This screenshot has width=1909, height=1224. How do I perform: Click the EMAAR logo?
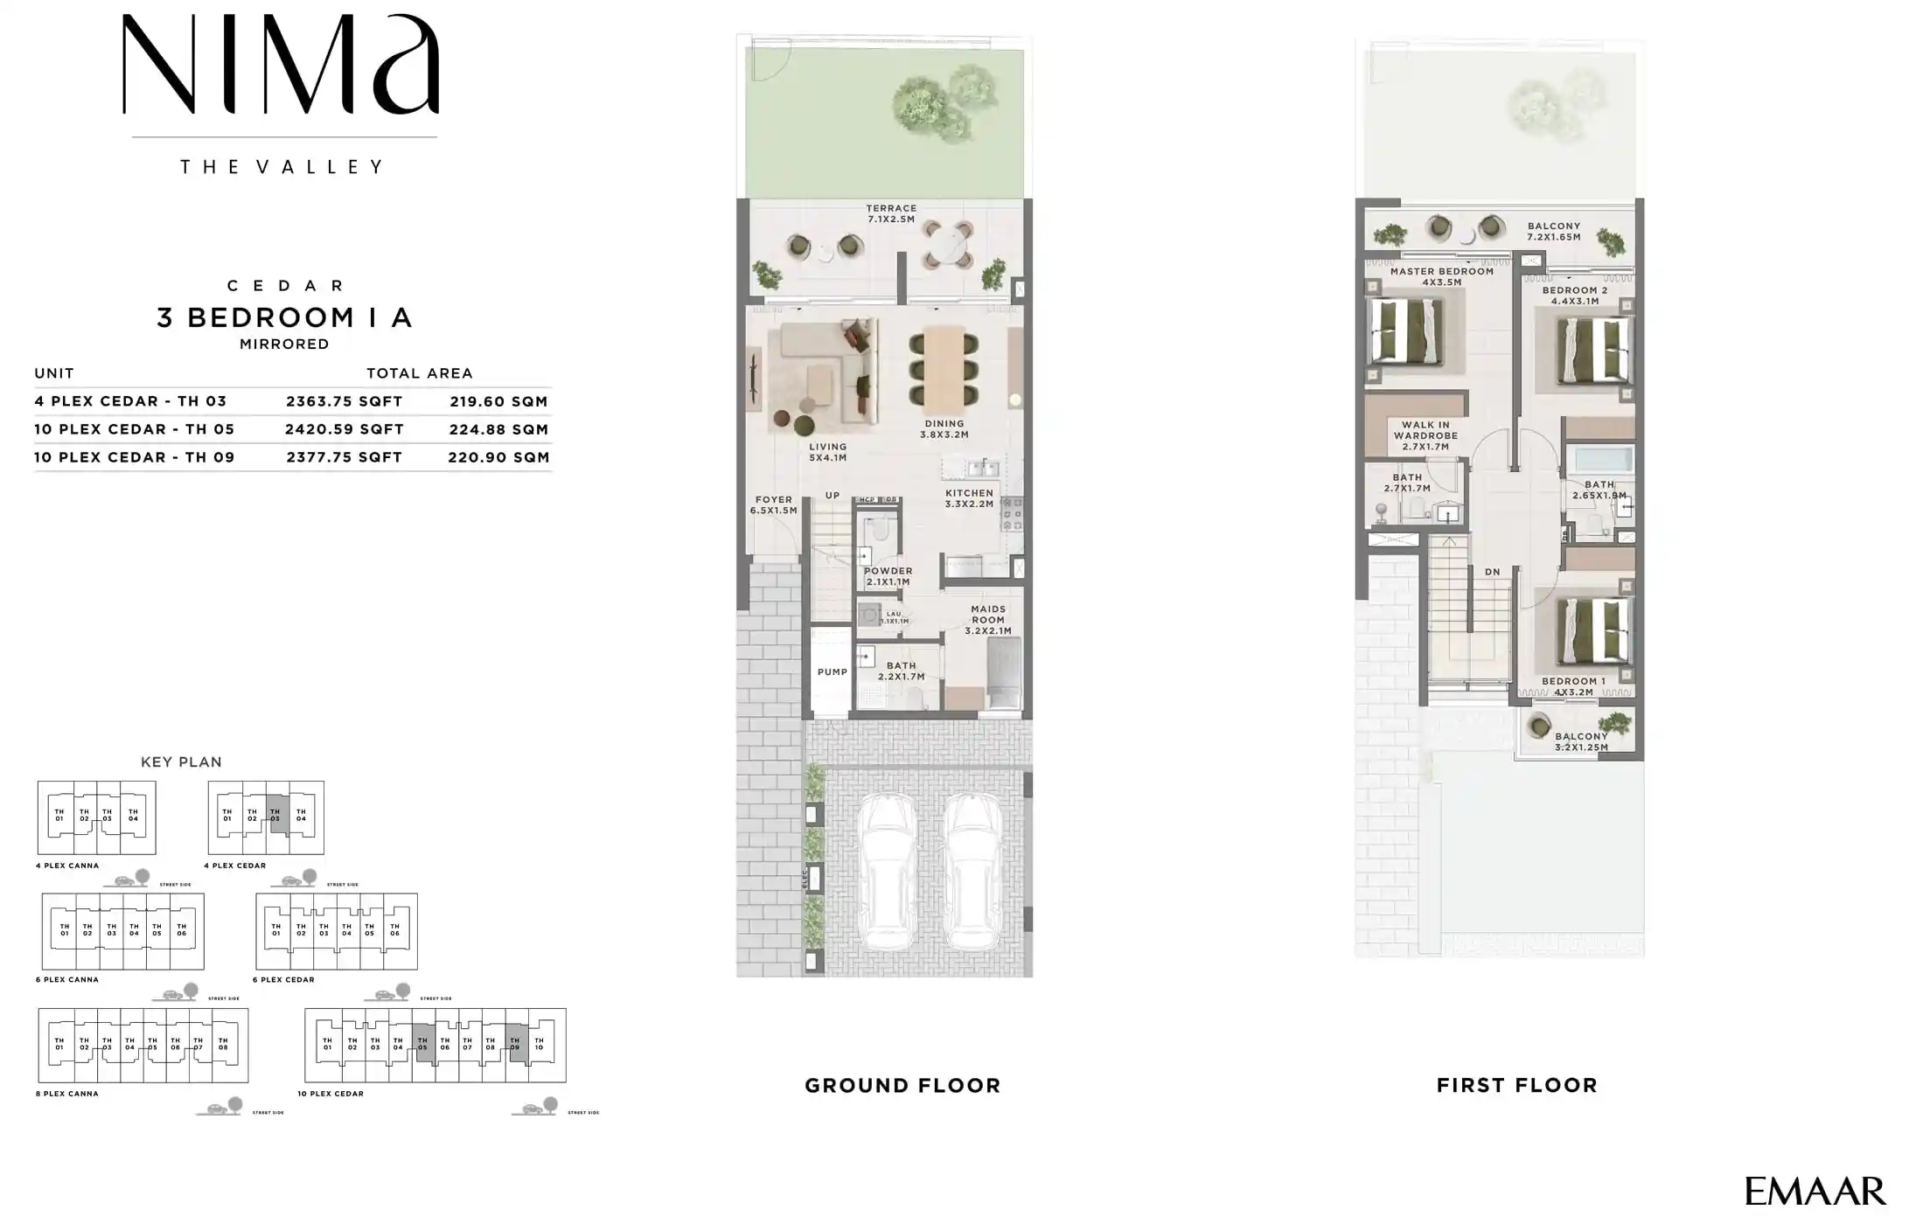click(1815, 1191)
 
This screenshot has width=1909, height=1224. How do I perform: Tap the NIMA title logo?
click(280, 66)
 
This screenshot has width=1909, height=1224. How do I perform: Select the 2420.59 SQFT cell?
click(344, 429)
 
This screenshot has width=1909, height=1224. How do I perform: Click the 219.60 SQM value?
click(498, 401)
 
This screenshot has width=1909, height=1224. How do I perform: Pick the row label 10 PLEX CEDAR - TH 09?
click(135, 457)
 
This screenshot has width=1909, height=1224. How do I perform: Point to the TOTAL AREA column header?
click(419, 373)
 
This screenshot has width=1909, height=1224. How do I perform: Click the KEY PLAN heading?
click(181, 762)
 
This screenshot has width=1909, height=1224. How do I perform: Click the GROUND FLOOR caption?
click(902, 1086)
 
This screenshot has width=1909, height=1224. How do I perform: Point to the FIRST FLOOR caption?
click(1516, 1086)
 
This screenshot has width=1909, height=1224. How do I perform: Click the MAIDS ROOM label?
click(988, 620)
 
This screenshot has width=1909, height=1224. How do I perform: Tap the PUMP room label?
click(832, 672)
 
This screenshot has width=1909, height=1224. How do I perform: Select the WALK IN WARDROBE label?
click(1425, 435)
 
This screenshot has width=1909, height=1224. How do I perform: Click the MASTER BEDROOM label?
click(1441, 276)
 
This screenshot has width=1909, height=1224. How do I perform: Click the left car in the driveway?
click(888, 872)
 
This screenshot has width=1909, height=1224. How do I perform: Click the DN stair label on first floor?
click(1492, 572)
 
